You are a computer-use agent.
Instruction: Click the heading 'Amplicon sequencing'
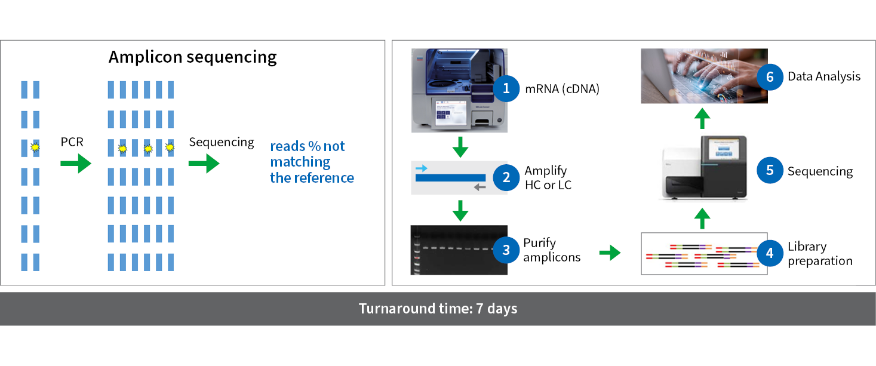click(192, 57)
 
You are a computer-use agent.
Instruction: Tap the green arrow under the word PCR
click(76, 163)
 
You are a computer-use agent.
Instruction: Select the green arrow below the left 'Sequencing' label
click(204, 163)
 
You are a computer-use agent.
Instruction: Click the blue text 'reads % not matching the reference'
click(311, 162)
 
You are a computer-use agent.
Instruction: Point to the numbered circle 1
click(506, 89)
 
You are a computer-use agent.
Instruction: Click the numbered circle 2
click(506, 177)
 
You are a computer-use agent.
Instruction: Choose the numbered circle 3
click(506, 250)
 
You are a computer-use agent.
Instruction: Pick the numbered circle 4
click(769, 253)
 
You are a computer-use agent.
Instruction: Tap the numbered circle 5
click(769, 171)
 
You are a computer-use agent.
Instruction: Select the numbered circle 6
click(769, 76)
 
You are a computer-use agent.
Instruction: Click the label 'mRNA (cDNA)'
click(561, 90)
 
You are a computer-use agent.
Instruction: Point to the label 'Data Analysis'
click(823, 76)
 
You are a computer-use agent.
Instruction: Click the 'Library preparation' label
click(819, 254)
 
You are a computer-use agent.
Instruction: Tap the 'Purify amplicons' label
click(551, 250)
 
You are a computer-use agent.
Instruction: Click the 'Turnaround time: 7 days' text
click(438, 309)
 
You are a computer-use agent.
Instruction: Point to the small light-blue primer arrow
click(422, 169)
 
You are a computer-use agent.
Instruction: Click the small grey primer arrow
click(480, 187)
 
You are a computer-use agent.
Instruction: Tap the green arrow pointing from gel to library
click(609, 253)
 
